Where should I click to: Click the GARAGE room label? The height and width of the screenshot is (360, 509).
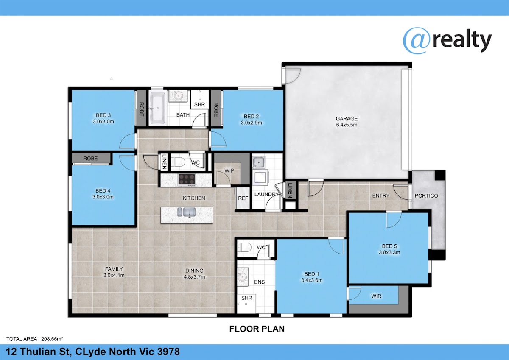[x=347, y=119]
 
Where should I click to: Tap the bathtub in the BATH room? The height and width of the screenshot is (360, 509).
[x=158, y=108]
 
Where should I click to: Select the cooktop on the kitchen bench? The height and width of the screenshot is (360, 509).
[x=187, y=180]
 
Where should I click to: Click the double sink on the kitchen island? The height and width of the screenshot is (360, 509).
[x=186, y=212]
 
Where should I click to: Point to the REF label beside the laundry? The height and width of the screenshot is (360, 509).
[x=243, y=198]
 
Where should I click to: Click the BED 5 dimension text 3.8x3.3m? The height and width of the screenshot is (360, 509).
[x=389, y=252]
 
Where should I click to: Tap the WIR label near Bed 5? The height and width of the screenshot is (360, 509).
[x=376, y=296]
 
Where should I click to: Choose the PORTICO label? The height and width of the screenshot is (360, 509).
[x=426, y=196]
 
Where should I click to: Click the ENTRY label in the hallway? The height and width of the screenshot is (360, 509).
[x=381, y=195]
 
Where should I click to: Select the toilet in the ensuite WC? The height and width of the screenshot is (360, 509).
[x=244, y=247]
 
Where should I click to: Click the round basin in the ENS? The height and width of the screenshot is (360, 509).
[x=243, y=277]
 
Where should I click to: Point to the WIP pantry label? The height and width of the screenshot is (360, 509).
[x=229, y=170]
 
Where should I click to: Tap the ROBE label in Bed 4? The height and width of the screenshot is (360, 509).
[x=90, y=158]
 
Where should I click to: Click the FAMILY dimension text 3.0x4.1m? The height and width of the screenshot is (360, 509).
[x=114, y=275]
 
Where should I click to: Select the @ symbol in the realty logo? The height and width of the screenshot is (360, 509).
[x=417, y=41]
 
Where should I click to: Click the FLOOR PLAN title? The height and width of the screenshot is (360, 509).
[x=257, y=329]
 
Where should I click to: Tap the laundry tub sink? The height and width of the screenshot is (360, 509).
[x=258, y=162]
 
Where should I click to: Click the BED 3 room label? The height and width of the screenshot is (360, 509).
[x=103, y=115]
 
